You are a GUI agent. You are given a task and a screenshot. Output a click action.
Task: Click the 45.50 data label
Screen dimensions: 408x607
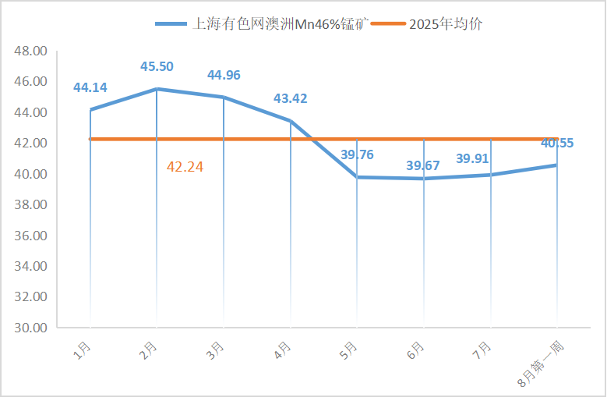pyautogui.click(x=157, y=67)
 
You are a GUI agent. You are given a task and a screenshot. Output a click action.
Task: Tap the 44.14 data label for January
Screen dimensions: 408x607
pyautogui.click(x=90, y=88)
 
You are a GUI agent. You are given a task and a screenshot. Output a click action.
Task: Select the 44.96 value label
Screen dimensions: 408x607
pyautogui.click(x=224, y=76)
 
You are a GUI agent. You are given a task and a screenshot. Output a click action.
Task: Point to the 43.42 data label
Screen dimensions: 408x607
pyautogui.click(x=290, y=98)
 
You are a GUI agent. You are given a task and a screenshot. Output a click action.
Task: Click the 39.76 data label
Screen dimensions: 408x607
pyautogui.click(x=357, y=154)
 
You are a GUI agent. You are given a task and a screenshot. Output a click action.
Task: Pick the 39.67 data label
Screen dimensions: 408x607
pyautogui.click(x=423, y=165)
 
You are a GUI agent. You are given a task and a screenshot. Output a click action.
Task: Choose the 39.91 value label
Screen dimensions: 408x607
pyautogui.click(x=473, y=158)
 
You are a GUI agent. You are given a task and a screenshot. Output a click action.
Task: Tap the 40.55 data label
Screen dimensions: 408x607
pyautogui.click(x=557, y=143)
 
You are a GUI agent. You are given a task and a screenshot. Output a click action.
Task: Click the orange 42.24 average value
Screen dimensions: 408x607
pyautogui.click(x=185, y=167)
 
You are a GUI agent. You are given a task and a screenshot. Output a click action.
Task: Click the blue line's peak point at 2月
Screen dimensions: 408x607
pyautogui.click(x=157, y=89)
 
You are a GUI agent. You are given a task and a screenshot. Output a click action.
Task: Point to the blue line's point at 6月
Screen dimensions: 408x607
pyautogui.click(x=424, y=179)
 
